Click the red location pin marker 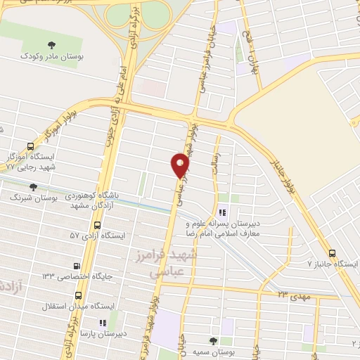click(181, 165)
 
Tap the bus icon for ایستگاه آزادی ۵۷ click(96, 224)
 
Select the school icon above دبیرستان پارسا click(103, 323)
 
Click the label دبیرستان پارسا click(103, 334)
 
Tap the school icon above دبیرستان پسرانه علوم click(222, 212)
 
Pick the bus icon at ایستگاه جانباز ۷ click(333, 253)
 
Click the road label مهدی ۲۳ click(292, 297)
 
